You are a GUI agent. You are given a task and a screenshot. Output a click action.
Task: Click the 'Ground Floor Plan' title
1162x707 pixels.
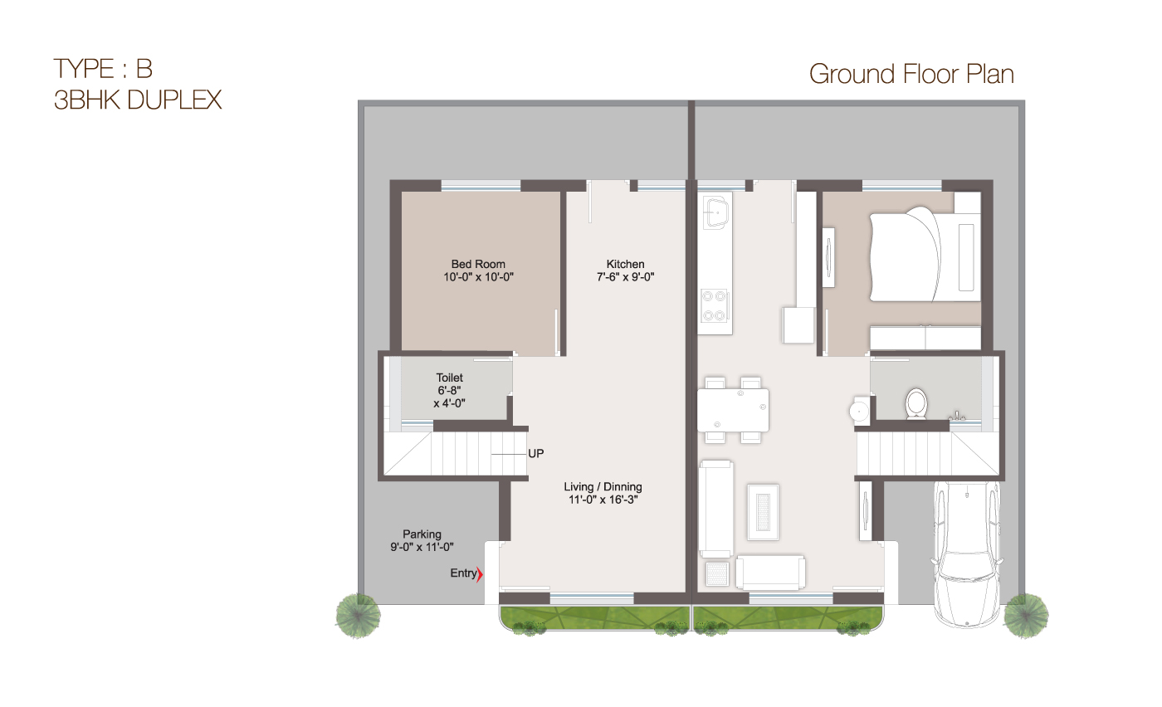click(x=911, y=74)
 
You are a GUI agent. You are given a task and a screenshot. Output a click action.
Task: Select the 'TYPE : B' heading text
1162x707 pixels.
click(x=103, y=67)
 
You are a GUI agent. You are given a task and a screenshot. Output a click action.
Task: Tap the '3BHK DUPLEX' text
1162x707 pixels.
click(x=138, y=100)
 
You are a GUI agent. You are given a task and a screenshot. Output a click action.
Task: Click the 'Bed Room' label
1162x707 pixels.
click(x=478, y=265)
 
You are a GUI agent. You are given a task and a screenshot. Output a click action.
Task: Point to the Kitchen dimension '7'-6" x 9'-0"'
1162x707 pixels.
click(x=625, y=278)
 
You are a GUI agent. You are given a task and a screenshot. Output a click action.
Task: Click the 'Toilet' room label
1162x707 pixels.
click(x=449, y=378)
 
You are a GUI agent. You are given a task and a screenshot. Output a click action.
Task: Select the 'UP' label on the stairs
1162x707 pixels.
click(x=535, y=453)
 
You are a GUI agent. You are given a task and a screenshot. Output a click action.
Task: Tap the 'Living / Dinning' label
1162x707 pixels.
click(x=603, y=487)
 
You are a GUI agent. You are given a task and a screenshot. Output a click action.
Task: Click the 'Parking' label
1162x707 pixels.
click(x=422, y=534)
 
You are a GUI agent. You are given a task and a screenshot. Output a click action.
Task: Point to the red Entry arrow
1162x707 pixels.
click(x=480, y=573)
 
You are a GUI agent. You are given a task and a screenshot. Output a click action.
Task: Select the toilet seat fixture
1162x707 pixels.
click(x=916, y=403)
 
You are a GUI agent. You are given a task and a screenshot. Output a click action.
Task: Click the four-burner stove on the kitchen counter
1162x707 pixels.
click(x=715, y=305)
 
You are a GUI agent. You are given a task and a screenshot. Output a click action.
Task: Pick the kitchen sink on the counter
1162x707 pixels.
click(x=715, y=212)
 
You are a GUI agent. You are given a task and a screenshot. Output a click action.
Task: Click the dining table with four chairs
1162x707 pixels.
click(x=733, y=410)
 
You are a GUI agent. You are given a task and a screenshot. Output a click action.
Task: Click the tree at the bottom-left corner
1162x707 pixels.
click(x=358, y=615)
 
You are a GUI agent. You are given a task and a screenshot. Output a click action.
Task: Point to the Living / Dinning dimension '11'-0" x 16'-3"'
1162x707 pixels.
click(x=603, y=500)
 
